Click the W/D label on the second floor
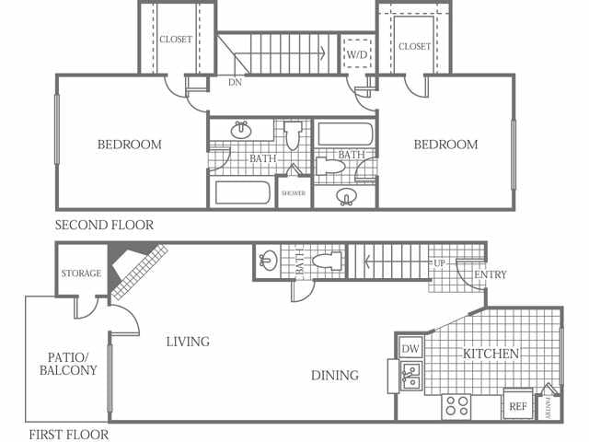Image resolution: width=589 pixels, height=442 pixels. point(356,55)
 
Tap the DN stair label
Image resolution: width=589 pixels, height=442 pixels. point(236,82)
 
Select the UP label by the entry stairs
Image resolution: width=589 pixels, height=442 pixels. point(439,263)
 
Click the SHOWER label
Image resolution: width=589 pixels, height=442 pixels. point(294,193)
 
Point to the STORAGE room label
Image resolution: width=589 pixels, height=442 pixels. point(81,273)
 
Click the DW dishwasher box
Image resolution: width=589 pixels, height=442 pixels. point(410,348)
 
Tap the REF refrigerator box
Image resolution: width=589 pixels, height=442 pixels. point(518,404)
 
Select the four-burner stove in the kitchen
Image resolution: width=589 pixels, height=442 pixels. point(456,406)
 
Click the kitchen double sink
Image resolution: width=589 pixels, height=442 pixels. point(411,376)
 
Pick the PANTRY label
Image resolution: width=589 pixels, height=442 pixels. point(549,408)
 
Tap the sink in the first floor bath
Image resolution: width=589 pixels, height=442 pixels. point(268,261)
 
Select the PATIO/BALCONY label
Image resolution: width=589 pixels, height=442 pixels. point(68,364)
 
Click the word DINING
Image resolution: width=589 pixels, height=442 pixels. point(335,375)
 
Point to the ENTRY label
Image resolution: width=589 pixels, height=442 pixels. point(491,274)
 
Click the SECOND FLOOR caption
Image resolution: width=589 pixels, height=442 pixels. point(104,225)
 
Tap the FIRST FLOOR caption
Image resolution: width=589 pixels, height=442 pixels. point(68,435)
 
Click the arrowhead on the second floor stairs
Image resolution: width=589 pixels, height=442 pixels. point(321,53)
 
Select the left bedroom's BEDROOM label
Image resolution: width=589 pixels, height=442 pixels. point(130,145)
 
